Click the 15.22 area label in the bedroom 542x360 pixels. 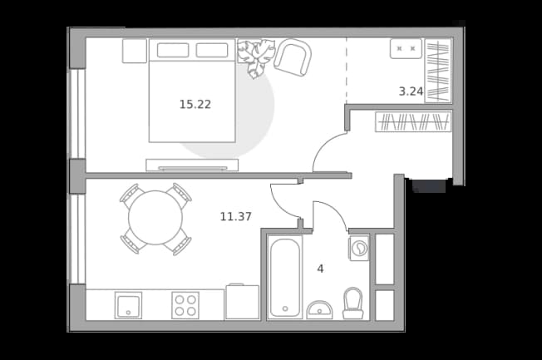195,104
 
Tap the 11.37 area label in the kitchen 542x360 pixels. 236,216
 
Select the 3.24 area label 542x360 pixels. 411,91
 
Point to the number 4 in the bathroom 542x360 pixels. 320,269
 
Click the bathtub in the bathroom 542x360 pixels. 285,278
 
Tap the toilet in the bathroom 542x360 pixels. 353,303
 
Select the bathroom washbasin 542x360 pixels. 320,310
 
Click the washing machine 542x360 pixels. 359,248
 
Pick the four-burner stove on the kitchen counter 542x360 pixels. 185,305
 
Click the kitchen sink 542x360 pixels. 128,305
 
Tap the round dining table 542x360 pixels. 155,218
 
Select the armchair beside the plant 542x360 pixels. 293,57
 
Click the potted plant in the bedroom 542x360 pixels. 256,57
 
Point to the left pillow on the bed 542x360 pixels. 173,51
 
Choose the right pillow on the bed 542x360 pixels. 212,51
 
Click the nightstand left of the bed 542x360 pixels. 135,51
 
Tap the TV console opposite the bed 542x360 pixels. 192,165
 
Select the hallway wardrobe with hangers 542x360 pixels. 413,121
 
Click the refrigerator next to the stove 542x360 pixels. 242,302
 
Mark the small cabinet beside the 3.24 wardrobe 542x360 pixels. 406,49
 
